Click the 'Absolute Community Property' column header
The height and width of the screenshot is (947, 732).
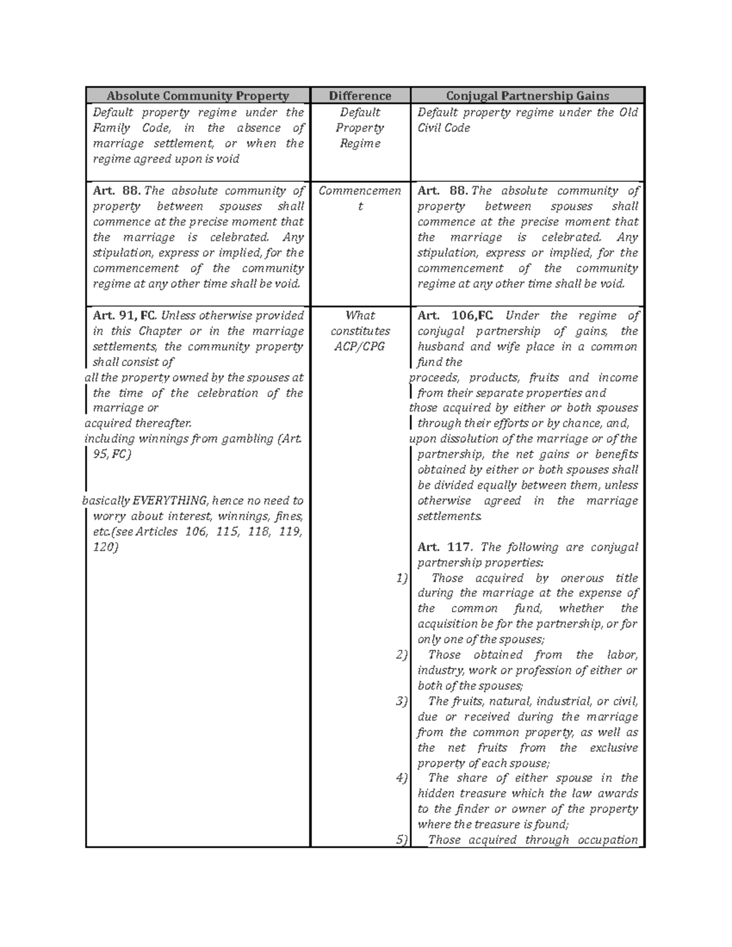point(198,96)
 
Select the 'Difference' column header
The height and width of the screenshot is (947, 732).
point(360,96)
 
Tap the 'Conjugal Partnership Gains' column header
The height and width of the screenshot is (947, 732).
point(527,96)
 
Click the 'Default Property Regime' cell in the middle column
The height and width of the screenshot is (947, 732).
point(360,128)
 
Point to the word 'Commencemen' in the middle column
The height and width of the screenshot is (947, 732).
point(360,191)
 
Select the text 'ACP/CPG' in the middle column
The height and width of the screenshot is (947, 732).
point(360,346)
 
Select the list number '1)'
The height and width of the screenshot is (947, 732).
point(401,578)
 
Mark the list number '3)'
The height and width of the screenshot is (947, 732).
point(401,701)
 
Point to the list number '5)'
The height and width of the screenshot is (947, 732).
point(401,840)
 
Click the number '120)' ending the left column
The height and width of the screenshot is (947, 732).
point(105,547)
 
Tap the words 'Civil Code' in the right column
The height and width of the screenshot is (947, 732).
point(443,128)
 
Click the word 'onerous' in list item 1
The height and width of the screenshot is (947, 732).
point(581,578)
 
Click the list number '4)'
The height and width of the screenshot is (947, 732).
point(401,778)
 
